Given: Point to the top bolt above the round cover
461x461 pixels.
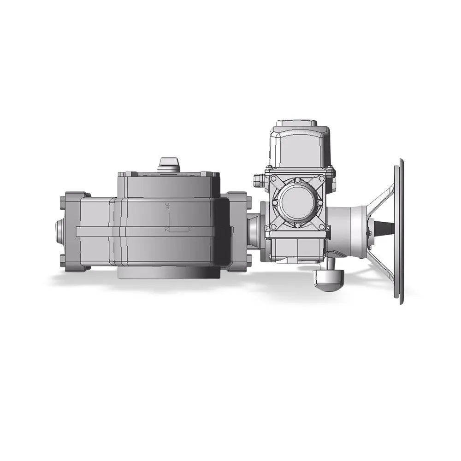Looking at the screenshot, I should click(x=297, y=180).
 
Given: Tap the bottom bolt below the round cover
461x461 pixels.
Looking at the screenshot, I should click(x=297, y=225).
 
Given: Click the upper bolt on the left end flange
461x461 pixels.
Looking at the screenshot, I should click(x=63, y=202).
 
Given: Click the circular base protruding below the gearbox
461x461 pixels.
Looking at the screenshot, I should click(x=168, y=273).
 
